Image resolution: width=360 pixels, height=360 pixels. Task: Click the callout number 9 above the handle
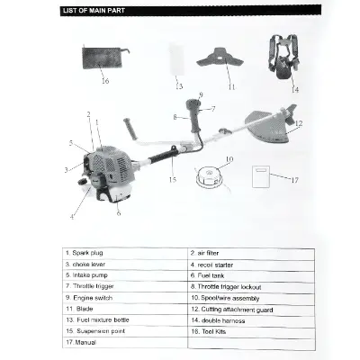click(x=201, y=94)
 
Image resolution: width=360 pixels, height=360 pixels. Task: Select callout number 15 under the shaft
click(x=172, y=179)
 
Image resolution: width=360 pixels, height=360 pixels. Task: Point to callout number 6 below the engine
click(x=118, y=212)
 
